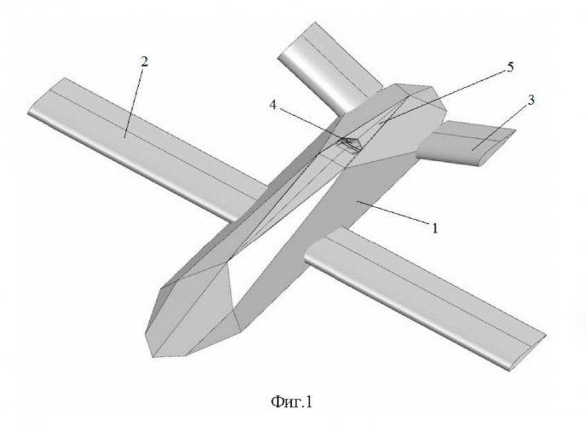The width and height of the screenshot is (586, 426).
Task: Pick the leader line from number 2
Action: [x=135, y=98]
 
